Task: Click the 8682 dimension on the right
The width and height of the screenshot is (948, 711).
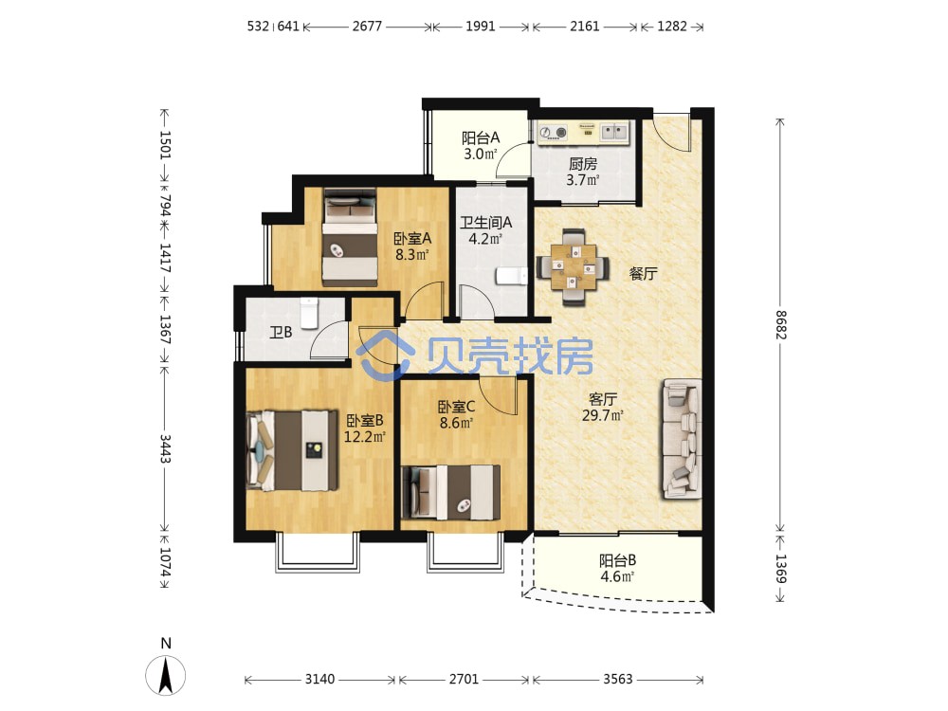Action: pyautogui.click(x=781, y=324)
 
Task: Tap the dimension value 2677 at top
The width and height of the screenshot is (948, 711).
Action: pyautogui.click(x=367, y=26)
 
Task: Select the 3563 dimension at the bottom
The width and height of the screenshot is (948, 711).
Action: pyautogui.click(x=617, y=679)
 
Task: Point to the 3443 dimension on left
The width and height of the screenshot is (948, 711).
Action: pyautogui.click(x=164, y=448)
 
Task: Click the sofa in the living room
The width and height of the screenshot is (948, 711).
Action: pyautogui.click(x=682, y=439)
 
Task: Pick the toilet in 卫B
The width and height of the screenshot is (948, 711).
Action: pyautogui.click(x=309, y=313)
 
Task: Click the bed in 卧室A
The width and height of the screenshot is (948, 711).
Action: pyautogui.click(x=350, y=238)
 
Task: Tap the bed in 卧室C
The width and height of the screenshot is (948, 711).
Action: pyautogui.click(x=451, y=492)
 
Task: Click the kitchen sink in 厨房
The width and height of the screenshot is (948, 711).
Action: pyautogui.click(x=614, y=131)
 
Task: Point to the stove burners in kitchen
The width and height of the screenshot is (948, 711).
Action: pyautogui.click(x=553, y=132)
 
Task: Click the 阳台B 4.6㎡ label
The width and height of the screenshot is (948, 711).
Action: pyautogui.click(x=617, y=568)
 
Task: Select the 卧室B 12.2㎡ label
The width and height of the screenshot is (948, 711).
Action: pyautogui.click(x=365, y=428)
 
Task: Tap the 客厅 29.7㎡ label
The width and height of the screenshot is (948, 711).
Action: pyautogui.click(x=603, y=407)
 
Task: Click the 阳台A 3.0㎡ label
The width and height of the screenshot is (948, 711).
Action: pyautogui.click(x=481, y=146)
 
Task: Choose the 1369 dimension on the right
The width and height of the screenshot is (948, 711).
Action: pyautogui.click(x=781, y=568)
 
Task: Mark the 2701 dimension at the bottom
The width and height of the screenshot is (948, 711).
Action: pyautogui.click(x=464, y=679)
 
